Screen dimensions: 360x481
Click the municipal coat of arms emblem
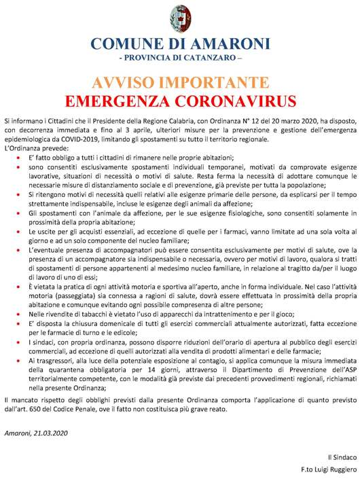tap(180, 18)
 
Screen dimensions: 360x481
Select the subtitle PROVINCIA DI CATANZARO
tap(180, 59)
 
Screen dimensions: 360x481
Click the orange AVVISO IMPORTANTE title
tap(180, 84)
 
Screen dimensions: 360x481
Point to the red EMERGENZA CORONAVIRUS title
tap(180, 101)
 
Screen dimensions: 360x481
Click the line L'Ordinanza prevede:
tap(36, 148)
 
